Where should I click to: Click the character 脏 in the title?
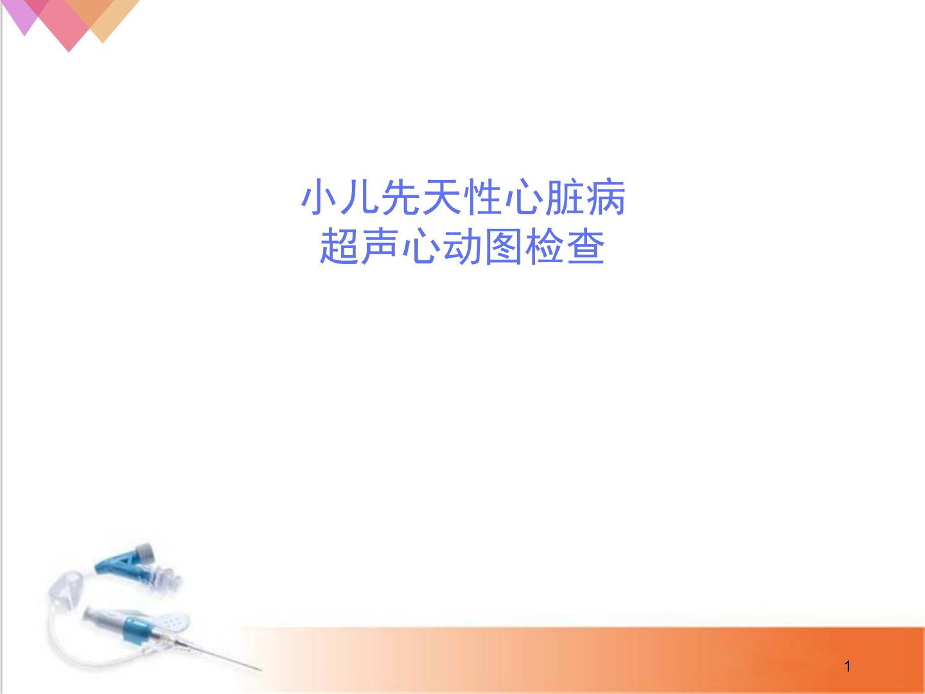coord(565,197)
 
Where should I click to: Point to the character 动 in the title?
coord(463,246)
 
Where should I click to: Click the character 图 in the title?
coord(504,246)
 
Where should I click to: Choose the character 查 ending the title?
coord(586,246)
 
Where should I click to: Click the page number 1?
coord(847,666)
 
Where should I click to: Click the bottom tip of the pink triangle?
coord(69,52)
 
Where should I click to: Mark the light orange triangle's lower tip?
coord(103,42)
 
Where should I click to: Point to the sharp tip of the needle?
coord(261,670)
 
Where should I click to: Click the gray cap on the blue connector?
coord(145,551)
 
